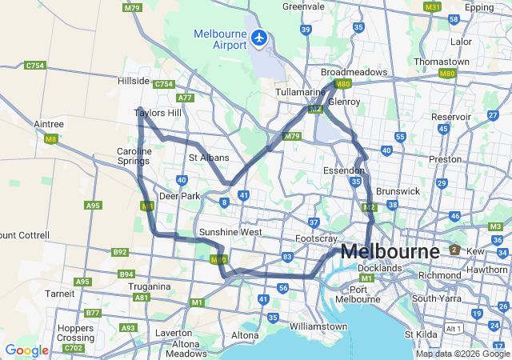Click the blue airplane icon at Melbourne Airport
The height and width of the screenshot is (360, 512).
259,37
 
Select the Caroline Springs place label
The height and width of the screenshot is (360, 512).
134,156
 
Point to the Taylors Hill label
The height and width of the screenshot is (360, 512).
158,114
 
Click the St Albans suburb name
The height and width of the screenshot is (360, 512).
209,158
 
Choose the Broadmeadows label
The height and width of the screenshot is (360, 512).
354,72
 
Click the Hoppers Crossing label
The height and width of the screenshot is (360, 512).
75,333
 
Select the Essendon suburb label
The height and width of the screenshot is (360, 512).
344,171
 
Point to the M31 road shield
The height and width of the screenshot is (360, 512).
433,6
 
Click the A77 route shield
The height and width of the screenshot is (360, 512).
186,98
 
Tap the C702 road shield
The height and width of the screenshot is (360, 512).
74,348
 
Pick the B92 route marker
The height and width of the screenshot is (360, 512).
120,252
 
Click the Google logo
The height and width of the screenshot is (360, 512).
26,350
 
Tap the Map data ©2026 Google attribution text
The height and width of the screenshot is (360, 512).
462,354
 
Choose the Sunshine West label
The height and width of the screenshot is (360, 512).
230,232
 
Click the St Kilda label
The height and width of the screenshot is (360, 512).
421,334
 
